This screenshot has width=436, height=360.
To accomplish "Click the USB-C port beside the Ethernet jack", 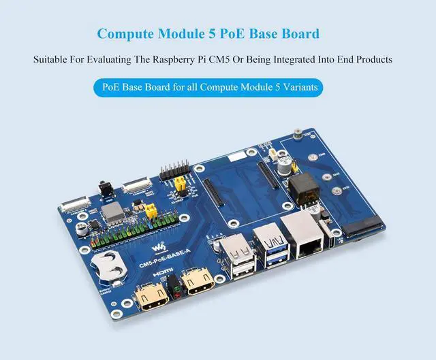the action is click(x=331, y=242).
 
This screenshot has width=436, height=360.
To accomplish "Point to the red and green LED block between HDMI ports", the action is click(x=176, y=287).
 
